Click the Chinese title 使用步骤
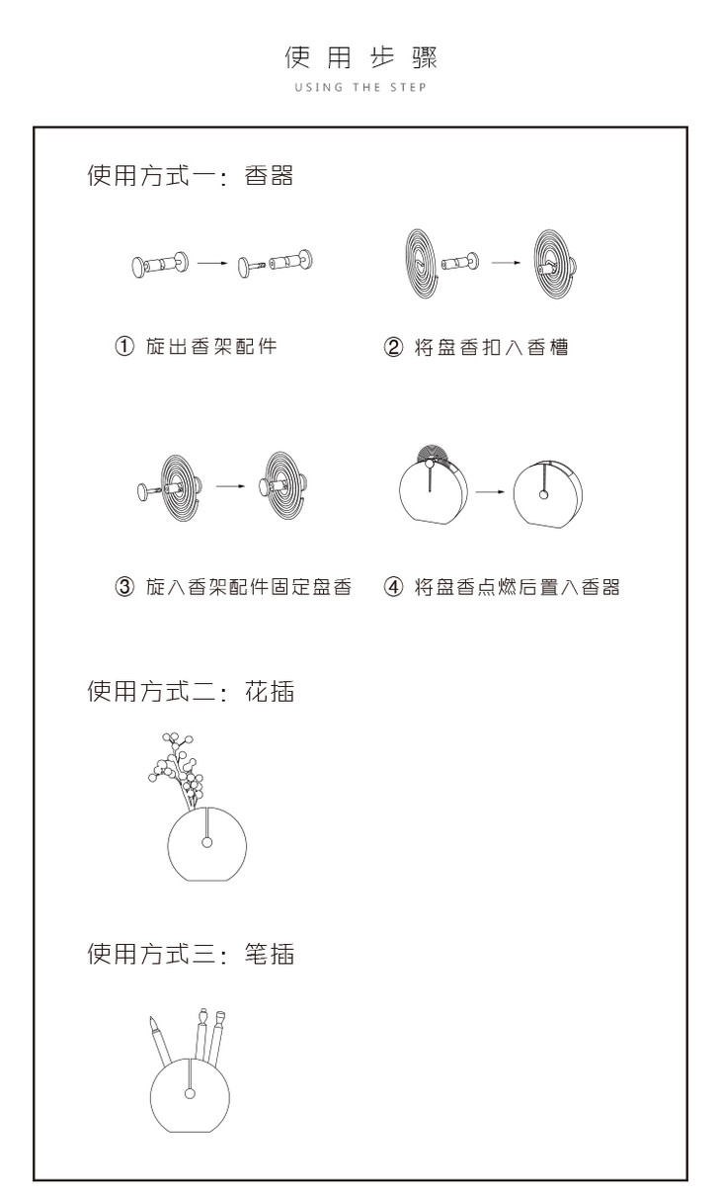click(360, 57)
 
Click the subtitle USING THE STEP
click(360, 88)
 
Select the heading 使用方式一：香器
click(190, 178)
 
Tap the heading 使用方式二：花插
click(190, 692)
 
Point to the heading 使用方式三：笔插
click(190, 954)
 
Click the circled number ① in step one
click(124, 348)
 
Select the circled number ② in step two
click(393, 348)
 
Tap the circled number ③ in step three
click(124, 587)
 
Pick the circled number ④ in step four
click(393, 587)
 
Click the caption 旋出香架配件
click(211, 348)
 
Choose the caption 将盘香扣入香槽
click(491, 348)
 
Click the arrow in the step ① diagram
click(213, 264)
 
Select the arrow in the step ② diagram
click(507, 263)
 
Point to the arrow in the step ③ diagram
click(230, 486)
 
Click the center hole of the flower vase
click(206, 842)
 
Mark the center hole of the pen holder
click(190, 1092)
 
